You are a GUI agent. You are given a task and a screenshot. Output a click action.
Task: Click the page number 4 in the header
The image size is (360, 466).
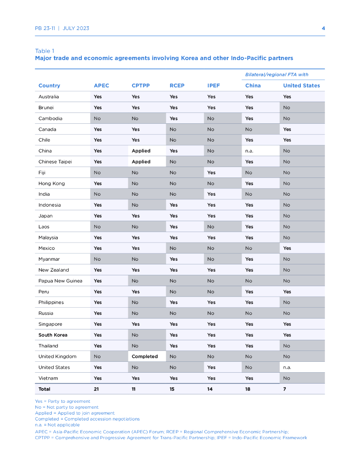pyautogui.click(x=323, y=28)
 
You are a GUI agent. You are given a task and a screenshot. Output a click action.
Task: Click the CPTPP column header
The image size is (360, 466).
pyautogui.click(x=141, y=86)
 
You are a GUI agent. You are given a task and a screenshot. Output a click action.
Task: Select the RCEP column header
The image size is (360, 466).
pyautogui.click(x=177, y=86)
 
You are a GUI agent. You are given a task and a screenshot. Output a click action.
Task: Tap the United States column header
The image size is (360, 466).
pyautogui.click(x=301, y=86)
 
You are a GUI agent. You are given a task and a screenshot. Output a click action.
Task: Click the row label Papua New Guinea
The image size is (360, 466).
pyautogui.click(x=60, y=281)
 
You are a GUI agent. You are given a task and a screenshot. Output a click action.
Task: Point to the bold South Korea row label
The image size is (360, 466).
pyautogui.click(x=53, y=335)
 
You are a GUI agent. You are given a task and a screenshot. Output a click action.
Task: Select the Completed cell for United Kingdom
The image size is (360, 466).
pyautogui.click(x=145, y=357)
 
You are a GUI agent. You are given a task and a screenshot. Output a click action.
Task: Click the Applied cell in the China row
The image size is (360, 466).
pyautogui.click(x=141, y=151)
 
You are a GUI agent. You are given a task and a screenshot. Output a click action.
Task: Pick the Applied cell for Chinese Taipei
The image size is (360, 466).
pyautogui.click(x=141, y=162)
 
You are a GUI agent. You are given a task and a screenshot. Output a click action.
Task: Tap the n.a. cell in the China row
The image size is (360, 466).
pyautogui.click(x=250, y=151)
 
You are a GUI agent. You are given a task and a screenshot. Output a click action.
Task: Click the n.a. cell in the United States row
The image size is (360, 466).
pyautogui.click(x=288, y=367)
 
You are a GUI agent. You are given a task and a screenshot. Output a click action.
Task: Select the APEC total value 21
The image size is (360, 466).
pyautogui.click(x=96, y=389)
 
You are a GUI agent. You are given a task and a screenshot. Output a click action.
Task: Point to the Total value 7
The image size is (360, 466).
pyautogui.click(x=284, y=389)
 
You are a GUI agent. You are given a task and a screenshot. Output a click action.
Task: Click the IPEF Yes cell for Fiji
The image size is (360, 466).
pyautogui.click(x=211, y=172)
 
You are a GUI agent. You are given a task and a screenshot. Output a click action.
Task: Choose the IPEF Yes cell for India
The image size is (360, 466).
pyautogui.click(x=211, y=194)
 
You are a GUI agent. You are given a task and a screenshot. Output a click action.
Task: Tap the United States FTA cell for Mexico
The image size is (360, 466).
pyautogui.click(x=287, y=248)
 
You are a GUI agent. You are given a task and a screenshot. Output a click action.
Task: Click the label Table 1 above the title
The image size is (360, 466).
pyautogui.click(x=45, y=51)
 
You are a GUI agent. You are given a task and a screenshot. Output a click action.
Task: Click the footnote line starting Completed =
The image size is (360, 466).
pyautogui.click(x=87, y=419)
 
